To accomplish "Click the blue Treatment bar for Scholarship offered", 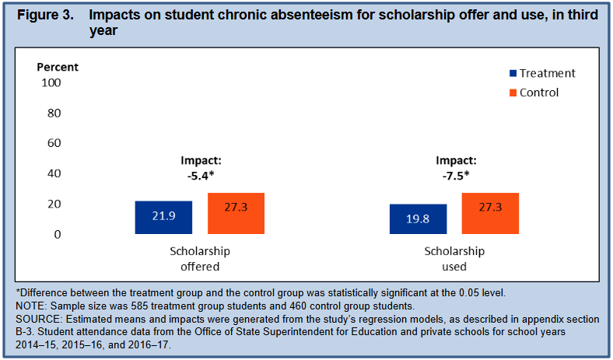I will (x=163, y=218).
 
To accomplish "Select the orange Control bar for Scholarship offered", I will (x=236, y=213).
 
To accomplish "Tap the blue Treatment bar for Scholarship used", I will (x=418, y=219).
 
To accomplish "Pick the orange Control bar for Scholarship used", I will (x=490, y=213).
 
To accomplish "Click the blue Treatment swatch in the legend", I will (x=513, y=74).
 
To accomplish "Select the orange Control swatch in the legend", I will (x=513, y=93).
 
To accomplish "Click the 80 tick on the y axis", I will (x=54, y=113).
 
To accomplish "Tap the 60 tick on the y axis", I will (x=54, y=143).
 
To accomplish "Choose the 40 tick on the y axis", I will (x=54, y=173).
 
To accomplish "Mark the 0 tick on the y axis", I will (x=58, y=234).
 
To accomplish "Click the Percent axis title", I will (x=58, y=67).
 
